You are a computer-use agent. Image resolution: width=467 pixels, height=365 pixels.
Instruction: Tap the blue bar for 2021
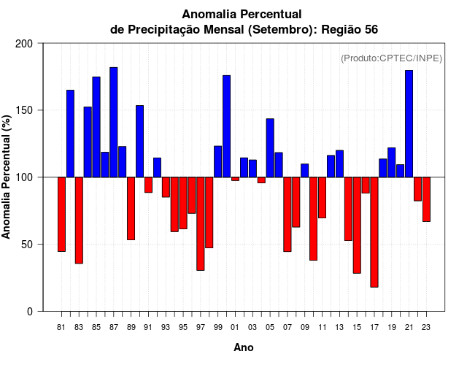click(409, 123)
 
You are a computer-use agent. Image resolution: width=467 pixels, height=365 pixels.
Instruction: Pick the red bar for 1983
click(79, 220)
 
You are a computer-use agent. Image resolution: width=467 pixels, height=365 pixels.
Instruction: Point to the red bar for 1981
click(61, 214)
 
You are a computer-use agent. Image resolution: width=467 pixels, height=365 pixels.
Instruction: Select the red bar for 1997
click(201, 223)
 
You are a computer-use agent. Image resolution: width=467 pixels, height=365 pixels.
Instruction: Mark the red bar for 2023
click(426, 199)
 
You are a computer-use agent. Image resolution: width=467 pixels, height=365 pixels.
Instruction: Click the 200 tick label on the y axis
click(24, 44)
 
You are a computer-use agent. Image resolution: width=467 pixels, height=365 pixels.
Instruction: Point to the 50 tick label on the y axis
click(27, 245)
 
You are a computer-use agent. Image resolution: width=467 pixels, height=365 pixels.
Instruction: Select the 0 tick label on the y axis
click(30, 312)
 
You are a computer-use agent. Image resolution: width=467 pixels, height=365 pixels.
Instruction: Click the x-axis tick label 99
click(218, 327)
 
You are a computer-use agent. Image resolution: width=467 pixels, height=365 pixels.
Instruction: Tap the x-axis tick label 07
click(287, 327)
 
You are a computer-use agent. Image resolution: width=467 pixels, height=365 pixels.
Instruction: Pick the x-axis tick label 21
click(409, 327)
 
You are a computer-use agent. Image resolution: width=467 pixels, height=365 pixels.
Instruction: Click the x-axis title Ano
click(244, 348)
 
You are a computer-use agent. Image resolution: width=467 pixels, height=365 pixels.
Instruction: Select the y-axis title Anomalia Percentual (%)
click(7, 177)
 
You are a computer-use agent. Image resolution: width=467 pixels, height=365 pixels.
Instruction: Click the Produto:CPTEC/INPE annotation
click(392, 58)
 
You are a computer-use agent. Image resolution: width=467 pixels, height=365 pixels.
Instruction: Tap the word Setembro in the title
click(280, 29)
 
